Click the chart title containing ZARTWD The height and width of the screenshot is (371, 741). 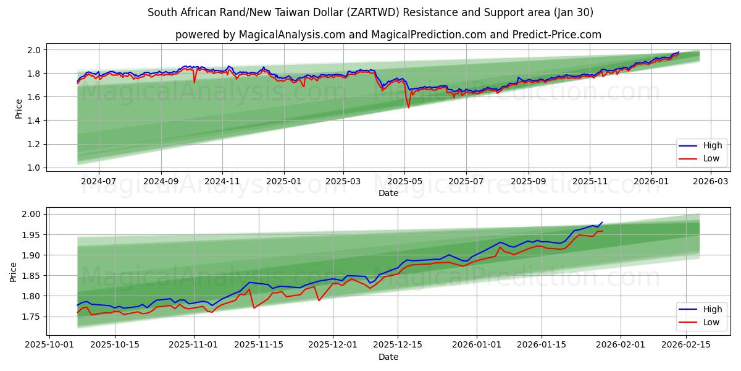[371, 12]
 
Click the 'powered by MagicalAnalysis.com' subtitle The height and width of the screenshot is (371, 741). [388, 35]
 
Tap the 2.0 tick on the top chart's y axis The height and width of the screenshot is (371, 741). [35, 49]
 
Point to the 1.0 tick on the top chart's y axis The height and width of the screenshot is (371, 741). [35, 168]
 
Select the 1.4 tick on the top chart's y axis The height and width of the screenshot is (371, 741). [35, 121]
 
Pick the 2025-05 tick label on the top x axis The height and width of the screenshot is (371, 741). [405, 182]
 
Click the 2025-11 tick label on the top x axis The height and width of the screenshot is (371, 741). [590, 182]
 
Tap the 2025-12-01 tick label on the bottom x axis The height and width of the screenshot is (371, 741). [333, 345]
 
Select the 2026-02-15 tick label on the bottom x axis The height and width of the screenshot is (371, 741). [687, 345]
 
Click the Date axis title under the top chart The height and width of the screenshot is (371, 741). [388, 193]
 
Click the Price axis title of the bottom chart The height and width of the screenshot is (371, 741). [14, 271]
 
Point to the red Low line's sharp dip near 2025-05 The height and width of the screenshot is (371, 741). [408, 108]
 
